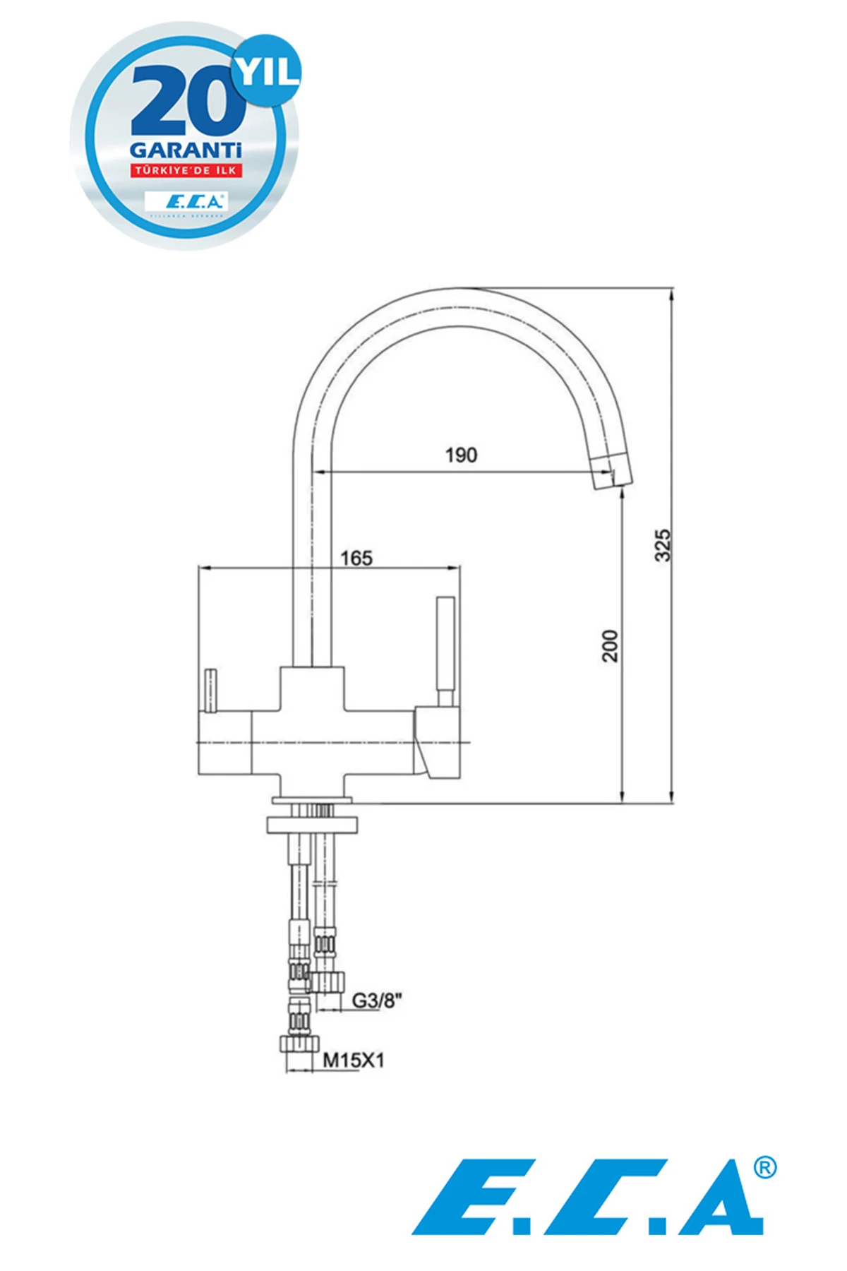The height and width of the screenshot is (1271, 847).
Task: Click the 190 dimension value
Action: [x=461, y=455]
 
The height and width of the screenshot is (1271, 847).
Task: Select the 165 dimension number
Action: [x=356, y=558]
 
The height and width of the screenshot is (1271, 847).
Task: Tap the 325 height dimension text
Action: [x=663, y=544]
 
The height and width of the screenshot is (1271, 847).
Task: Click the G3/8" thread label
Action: [x=377, y=1000]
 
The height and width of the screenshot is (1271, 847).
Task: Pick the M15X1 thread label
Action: [x=354, y=1060]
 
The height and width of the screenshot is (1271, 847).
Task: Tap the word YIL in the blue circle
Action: [x=268, y=71]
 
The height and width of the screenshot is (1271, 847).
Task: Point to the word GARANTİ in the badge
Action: [x=186, y=150]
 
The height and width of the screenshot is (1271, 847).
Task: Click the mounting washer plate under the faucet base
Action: [x=312, y=824]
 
